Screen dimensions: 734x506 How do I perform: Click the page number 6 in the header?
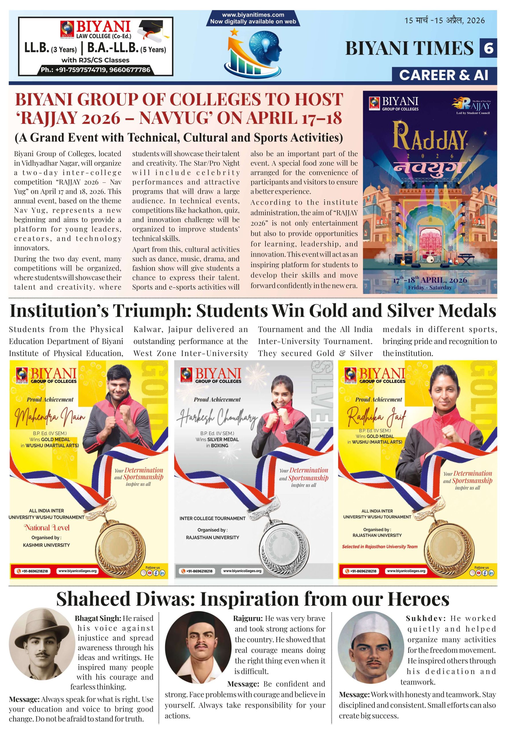(488, 48)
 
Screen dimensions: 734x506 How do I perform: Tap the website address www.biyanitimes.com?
(253, 15)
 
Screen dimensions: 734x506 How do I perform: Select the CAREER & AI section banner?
(444, 75)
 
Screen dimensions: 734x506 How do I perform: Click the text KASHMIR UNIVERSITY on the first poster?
(46, 545)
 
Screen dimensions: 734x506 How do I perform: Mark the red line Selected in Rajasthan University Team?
(379, 546)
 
